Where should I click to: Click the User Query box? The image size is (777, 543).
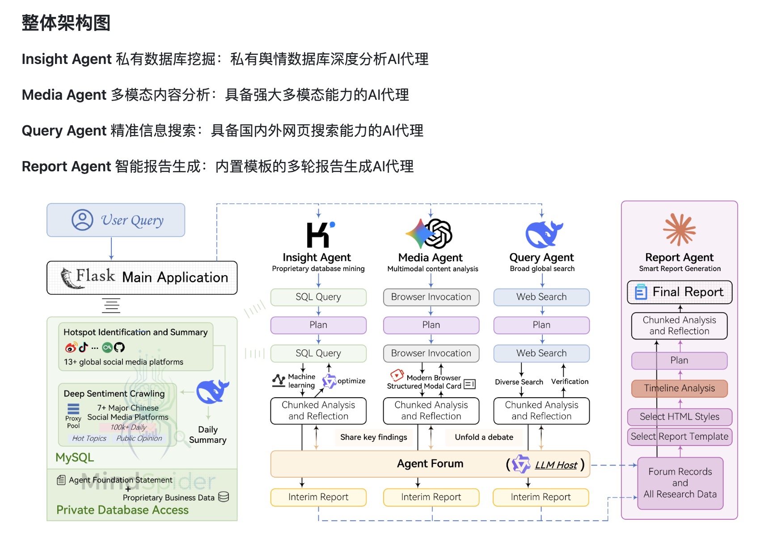pyautogui.click(x=116, y=220)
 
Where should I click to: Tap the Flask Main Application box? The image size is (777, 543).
pyautogui.click(x=142, y=277)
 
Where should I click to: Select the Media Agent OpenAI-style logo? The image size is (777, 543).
pyautogui.click(x=430, y=233)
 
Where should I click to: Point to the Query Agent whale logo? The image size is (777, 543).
pyautogui.click(x=543, y=234)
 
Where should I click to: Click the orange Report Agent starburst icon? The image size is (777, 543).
pyautogui.click(x=679, y=229)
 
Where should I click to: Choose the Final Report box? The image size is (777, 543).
pyautogui.click(x=679, y=292)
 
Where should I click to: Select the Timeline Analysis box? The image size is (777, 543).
pyautogui.click(x=679, y=388)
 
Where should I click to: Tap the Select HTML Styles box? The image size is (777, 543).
pyautogui.click(x=679, y=417)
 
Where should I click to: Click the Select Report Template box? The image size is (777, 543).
pyautogui.click(x=679, y=437)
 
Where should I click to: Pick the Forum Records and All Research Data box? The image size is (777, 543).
pyautogui.click(x=680, y=483)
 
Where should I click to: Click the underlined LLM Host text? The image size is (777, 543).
pyautogui.click(x=556, y=465)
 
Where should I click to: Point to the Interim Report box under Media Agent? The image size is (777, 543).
pyautogui.click(x=431, y=497)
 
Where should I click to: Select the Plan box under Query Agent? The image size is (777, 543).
pyautogui.click(x=541, y=325)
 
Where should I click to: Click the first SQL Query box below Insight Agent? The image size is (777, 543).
pyautogui.click(x=318, y=297)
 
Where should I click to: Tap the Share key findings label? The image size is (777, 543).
pyautogui.click(x=373, y=437)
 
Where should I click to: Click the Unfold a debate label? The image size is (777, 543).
pyautogui.click(x=484, y=437)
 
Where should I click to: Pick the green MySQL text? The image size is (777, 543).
pyautogui.click(x=75, y=458)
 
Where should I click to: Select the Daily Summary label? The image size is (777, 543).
pyautogui.click(x=208, y=435)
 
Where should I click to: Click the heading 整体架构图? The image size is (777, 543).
pyautogui.click(x=66, y=23)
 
